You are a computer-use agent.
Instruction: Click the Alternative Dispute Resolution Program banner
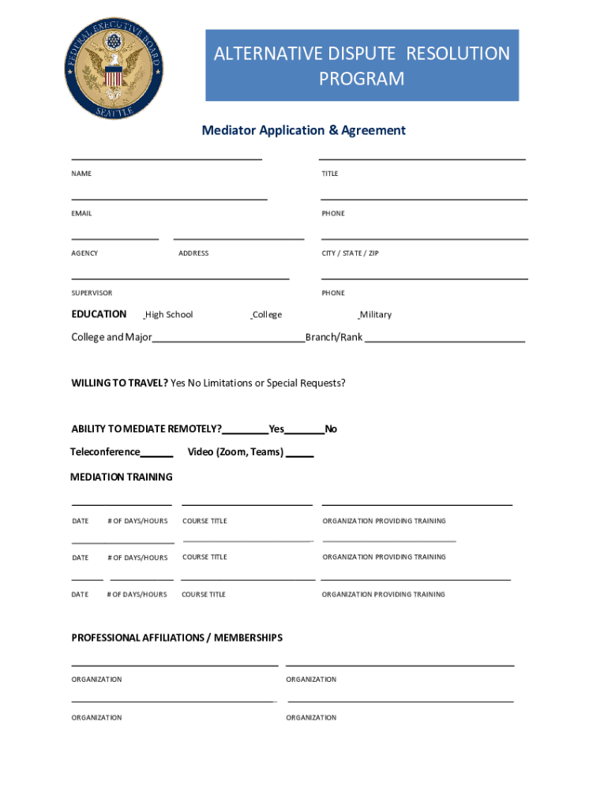click(x=362, y=65)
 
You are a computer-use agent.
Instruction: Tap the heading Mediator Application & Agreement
click(x=303, y=130)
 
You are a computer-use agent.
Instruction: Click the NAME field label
click(x=81, y=174)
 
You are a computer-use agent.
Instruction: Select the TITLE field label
click(x=329, y=174)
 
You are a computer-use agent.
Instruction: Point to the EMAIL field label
click(x=81, y=213)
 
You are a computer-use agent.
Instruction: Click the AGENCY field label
click(x=84, y=253)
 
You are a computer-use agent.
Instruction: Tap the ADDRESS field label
click(x=193, y=253)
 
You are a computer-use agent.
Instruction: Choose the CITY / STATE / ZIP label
click(x=350, y=253)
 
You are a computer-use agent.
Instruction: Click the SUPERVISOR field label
click(x=92, y=293)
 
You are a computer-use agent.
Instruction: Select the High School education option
click(x=168, y=315)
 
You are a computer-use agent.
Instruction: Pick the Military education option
click(x=375, y=315)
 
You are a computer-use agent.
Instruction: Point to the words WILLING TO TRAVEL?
click(x=119, y=383)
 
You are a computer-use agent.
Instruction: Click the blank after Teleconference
click(x=157, y=454)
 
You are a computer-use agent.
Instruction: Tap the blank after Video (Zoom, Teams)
click(x=299, y=454)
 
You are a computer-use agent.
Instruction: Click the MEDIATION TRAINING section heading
click(x=122, y=477)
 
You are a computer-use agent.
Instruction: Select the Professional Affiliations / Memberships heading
click(x=177, y=638)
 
